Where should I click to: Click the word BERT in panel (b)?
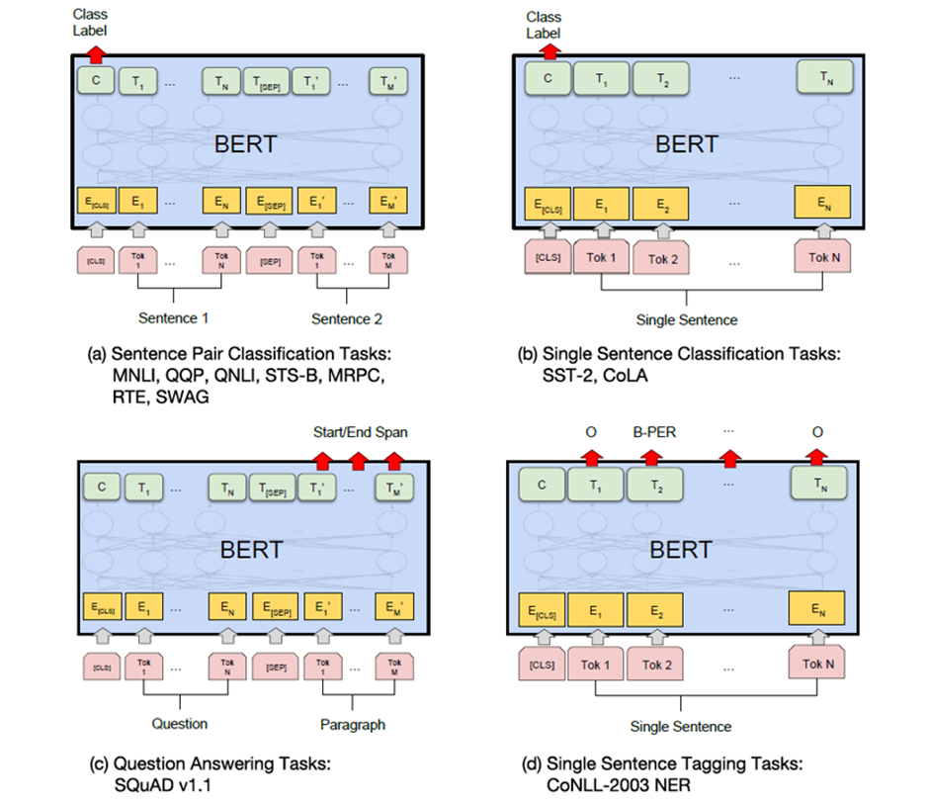[x=686, y=144]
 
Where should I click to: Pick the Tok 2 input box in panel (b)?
[x=663, y=258]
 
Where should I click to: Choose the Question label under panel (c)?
[x=179, y=723]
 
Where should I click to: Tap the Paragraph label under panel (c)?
[x=353, y=724]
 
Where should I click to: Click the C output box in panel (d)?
[x=540, y=484]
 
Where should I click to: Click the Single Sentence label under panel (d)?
[x=681, y=726]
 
